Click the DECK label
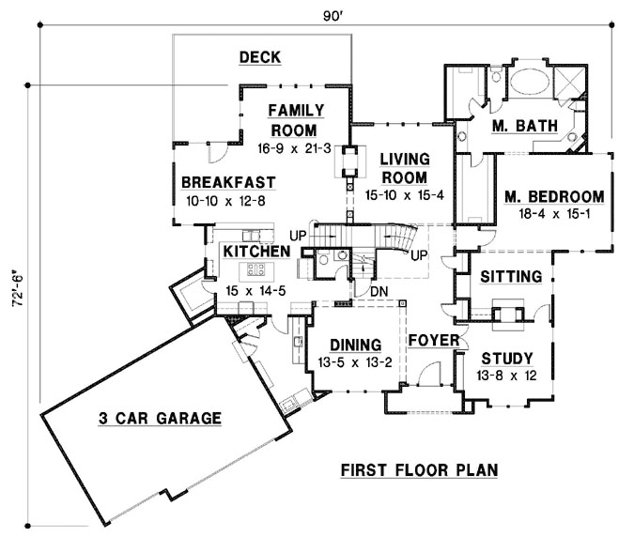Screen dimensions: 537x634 coord(260,58)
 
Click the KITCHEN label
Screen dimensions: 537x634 coord(255,252)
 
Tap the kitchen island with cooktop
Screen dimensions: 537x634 coord(255,272)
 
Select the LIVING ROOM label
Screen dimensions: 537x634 coord(404,168)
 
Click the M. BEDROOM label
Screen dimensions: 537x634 coord(553,196)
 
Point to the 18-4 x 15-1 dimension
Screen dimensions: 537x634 coord(553,215)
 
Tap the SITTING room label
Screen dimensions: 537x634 coord(510,277)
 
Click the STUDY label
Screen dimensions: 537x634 coord(507,359)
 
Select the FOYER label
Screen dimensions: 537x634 coord(432,340)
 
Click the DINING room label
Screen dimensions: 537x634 coord(348,344)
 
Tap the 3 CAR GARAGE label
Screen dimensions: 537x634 coord(160,418)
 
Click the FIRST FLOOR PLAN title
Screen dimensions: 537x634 coord(419,468)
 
